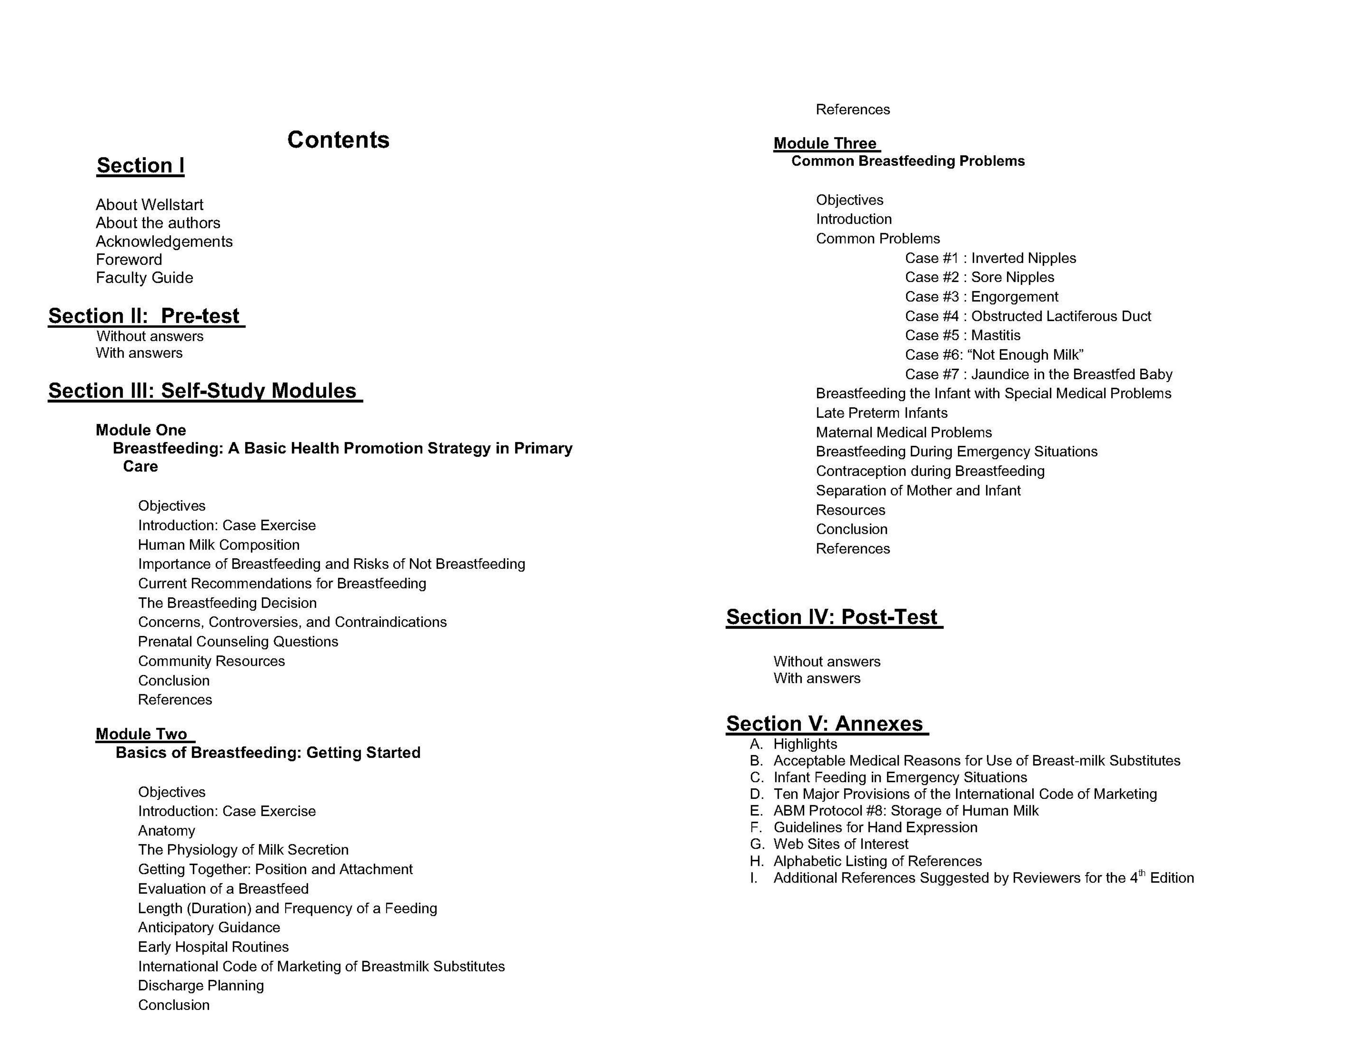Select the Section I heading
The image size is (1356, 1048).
point(140,166)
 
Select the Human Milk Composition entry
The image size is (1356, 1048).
point(218,545)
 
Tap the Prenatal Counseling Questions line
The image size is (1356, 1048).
point(238,642)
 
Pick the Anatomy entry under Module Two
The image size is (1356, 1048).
point(166,831)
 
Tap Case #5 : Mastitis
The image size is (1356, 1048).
point(962,335)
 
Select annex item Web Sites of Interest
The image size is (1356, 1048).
point(841,844)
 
